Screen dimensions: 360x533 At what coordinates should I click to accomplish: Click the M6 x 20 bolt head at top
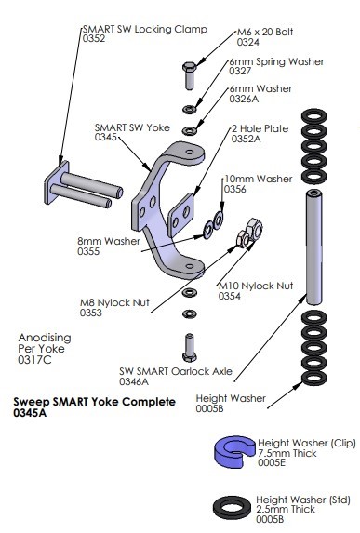(189, 67)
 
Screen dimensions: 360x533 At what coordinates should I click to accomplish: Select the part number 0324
(247, 42)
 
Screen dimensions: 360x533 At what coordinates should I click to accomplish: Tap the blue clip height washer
(234, 452)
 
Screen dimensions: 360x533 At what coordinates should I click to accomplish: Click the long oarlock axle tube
(313, 247)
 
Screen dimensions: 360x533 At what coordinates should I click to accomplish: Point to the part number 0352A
(247, 139)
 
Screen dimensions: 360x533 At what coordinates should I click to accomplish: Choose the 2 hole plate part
(180, 215)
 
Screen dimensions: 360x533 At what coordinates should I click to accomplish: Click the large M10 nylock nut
(255, 228)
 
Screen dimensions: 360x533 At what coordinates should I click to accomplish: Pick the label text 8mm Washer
(109, 241)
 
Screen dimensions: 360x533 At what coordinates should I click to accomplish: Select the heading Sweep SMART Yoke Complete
(94, 402)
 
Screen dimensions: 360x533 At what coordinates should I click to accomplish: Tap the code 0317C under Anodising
(34, 360)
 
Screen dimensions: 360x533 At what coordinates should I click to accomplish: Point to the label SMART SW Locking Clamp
(145, 29)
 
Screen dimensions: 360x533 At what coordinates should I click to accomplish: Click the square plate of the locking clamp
(57, 182)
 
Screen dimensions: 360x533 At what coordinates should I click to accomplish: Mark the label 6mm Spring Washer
(276, 61)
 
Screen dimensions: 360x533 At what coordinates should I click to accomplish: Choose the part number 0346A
(134, 381)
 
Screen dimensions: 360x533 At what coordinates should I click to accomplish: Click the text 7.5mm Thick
(287, 453)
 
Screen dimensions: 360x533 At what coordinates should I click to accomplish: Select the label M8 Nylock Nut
(114, 302)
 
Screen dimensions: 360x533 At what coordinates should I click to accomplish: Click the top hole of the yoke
(190, 152)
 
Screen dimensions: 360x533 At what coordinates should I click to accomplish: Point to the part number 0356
(235, 189)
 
